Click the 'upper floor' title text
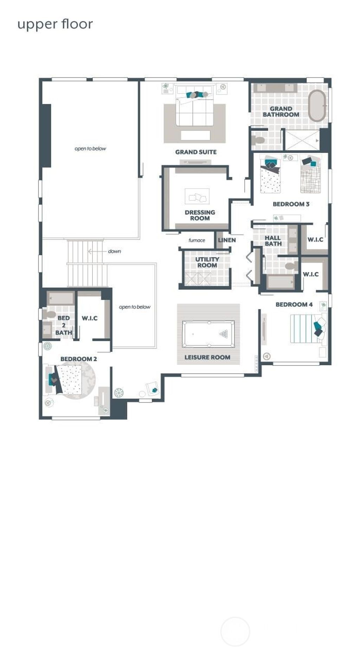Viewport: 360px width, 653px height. (55, 25)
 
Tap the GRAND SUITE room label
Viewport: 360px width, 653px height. (196, 152)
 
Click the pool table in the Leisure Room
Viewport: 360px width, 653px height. (208, 334)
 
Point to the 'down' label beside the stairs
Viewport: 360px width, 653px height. (114, 251)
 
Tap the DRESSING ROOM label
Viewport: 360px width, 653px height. (200, 215)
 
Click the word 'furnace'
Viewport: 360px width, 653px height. (197, 240)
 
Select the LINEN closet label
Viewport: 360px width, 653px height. (227, 240)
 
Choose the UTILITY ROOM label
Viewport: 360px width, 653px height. (207, 262)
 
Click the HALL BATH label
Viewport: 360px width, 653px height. (273, 241)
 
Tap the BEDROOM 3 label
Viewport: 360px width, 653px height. (291, 204)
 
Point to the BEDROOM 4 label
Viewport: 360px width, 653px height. (294, 304)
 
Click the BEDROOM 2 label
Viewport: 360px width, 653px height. (78, 359)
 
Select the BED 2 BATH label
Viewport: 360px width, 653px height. (64, 325)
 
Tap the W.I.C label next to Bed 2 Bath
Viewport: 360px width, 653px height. (90, 318)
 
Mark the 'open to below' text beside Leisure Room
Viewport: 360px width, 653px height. (134, 307)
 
